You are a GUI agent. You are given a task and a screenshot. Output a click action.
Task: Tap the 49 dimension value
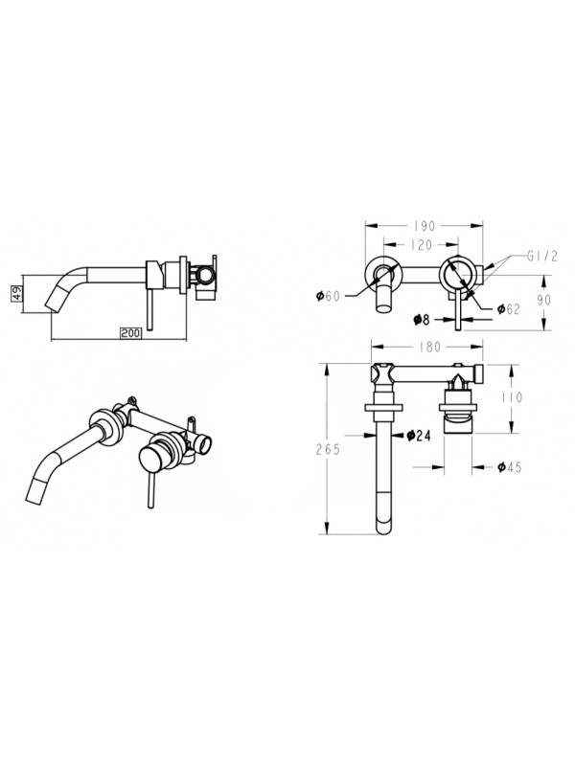[x=16, y=294]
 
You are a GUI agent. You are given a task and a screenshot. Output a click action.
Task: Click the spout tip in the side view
[x=54, y=304]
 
